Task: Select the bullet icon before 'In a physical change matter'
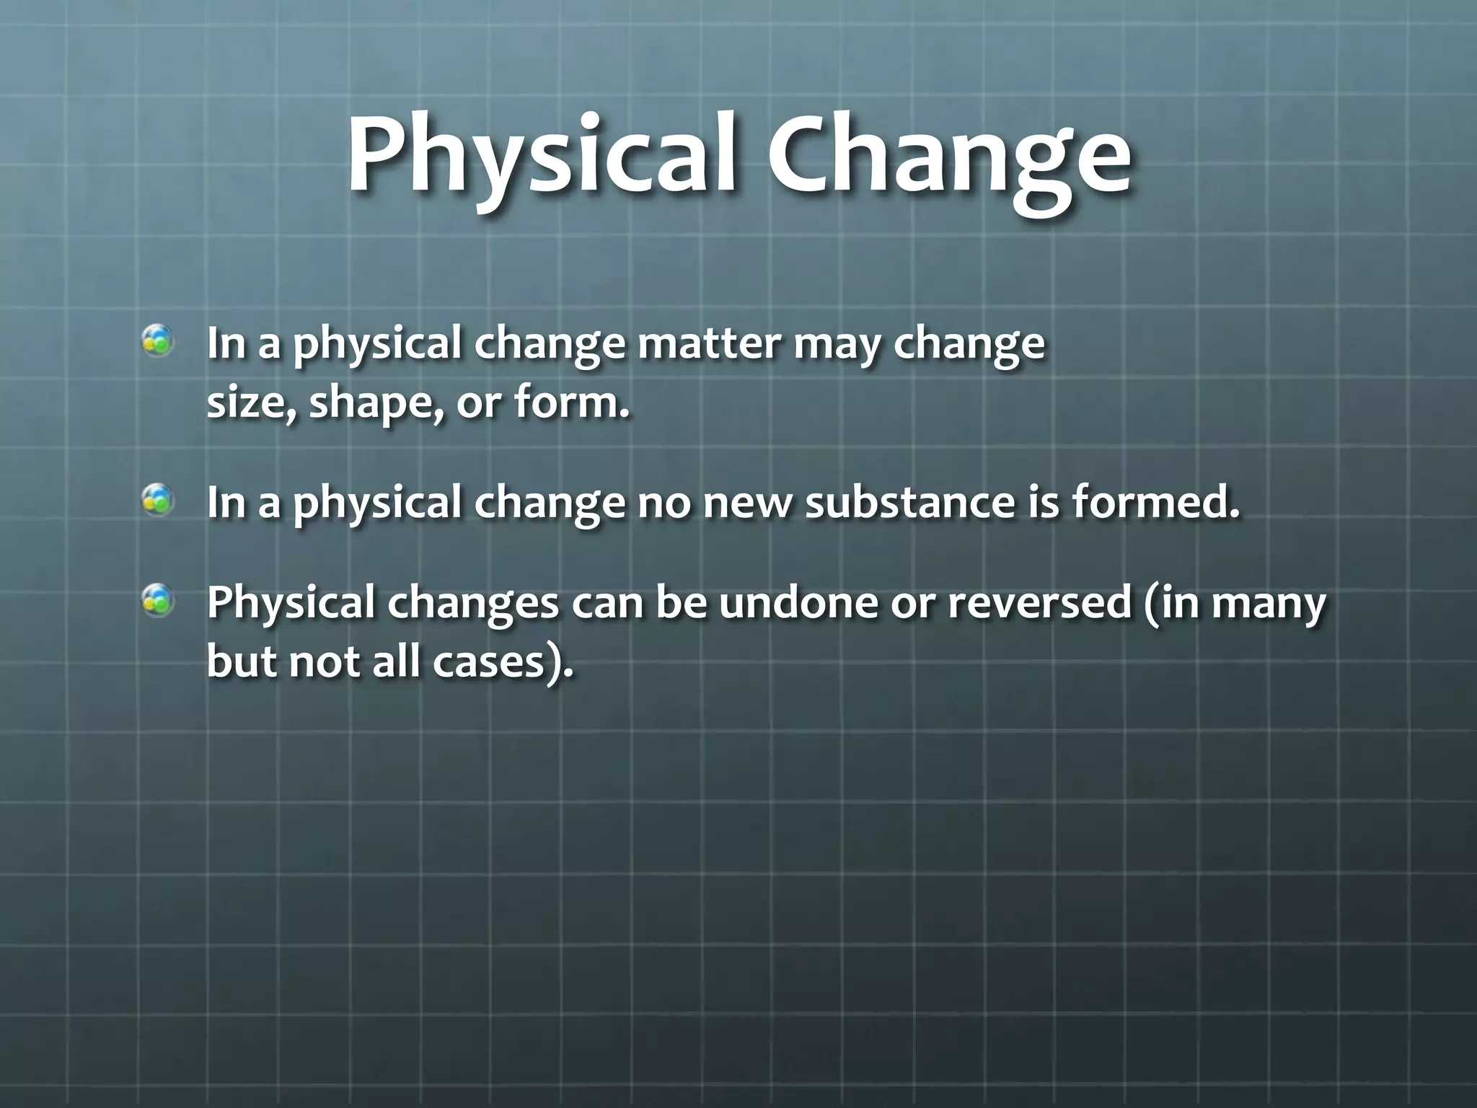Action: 156,340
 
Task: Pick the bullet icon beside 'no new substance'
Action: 156,499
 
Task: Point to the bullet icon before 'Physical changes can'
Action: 156,600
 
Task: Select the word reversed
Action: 1039,604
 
